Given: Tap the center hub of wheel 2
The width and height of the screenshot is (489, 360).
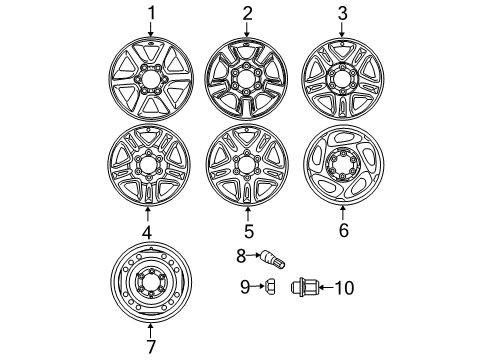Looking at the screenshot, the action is (246, 80).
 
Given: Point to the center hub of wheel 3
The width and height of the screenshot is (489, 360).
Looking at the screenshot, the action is (342, 81).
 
